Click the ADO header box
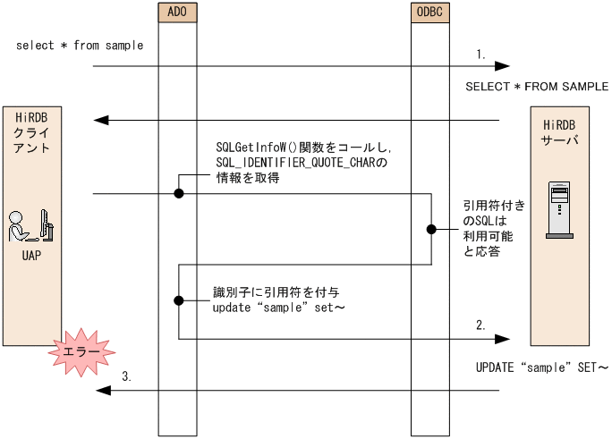(x=177, y=13)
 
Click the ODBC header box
(x=430, y=13)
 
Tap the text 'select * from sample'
(x=80, y=46)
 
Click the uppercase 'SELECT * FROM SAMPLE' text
(x=537, y=87)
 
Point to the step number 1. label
(x=481, y=55)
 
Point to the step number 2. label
(x=481, y=326)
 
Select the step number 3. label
(x=126, y=377)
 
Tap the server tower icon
(x=557, y=212)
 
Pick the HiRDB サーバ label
(x=558, y=132)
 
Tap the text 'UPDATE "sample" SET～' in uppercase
(x=541, y=367)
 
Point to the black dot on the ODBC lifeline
(x=430, y=230)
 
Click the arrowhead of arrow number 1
(x=503, y=66)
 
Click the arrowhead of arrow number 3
(x=101, y=389)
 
